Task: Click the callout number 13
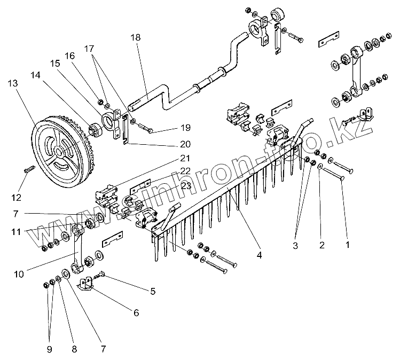point(13,83)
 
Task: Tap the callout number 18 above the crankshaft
point(136,37)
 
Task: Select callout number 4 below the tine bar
point(259,255)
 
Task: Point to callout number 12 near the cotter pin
point(16,197)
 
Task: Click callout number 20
point(185,144)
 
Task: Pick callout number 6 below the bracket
point(136,312)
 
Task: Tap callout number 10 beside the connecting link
point(19,275)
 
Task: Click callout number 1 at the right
point(347,245)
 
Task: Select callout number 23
point(186,186)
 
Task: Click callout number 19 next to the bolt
point(185,128)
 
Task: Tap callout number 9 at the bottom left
point(49,349)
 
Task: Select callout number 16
point(69,56)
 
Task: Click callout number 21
point(185,158)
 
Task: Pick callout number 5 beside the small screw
point(153,291)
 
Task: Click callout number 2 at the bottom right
point(321,245)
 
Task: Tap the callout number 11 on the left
point(16,232)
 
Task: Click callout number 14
point(35,75)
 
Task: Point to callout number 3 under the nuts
point(295,246)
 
